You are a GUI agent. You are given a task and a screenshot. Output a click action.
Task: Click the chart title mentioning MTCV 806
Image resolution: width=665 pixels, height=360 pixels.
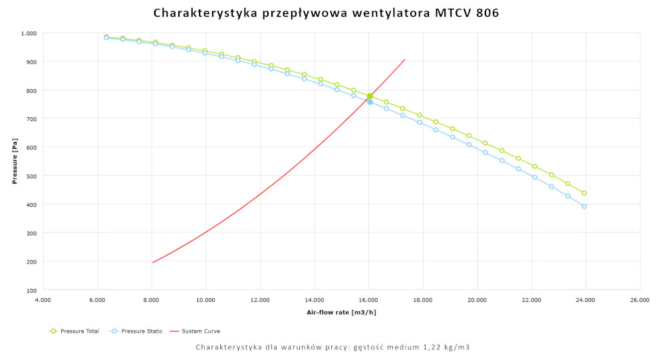coord(326,13)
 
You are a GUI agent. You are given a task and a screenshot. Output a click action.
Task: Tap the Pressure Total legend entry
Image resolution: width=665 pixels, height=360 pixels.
coord(74,331)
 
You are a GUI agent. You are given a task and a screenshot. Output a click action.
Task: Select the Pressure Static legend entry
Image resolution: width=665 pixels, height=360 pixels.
coord(136,331)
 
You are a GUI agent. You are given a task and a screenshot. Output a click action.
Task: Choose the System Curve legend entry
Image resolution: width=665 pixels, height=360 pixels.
coord(196,331)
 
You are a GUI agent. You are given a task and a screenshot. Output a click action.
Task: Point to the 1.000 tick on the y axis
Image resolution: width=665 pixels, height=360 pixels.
coord(29,33)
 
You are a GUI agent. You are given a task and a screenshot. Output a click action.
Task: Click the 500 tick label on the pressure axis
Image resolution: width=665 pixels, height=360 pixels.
coord(31,176)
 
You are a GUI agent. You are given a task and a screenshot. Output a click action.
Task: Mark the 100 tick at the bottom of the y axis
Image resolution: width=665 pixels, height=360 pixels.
coord(31,290)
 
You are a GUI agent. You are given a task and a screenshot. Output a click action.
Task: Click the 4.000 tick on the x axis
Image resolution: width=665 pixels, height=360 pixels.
coord(43,300)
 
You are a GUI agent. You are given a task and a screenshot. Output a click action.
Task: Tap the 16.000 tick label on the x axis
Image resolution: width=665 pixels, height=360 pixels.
coord(368,300)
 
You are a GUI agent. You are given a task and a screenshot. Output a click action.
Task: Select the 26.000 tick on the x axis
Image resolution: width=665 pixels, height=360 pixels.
coord(640,300)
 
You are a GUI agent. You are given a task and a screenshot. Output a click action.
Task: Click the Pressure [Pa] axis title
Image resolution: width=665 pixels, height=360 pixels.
coord(14,162)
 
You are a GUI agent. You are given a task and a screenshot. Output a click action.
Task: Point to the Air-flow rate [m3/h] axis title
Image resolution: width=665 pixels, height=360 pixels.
coord(341,312)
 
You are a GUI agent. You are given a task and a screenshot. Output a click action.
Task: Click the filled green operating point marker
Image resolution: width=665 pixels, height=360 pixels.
coord(370,96)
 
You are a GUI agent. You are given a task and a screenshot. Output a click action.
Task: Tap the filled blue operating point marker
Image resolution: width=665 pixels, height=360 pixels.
coord(370,102)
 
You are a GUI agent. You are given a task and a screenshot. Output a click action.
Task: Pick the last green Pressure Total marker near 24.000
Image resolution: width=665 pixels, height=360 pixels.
coord(584,193)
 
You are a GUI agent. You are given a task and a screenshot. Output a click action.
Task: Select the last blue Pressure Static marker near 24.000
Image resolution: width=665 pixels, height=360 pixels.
coord(584,206)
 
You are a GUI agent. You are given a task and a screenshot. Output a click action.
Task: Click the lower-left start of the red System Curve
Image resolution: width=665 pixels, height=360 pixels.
coord(152,262)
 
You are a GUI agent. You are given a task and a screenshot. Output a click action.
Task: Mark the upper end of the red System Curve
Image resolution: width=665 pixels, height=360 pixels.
coord(404,59)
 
